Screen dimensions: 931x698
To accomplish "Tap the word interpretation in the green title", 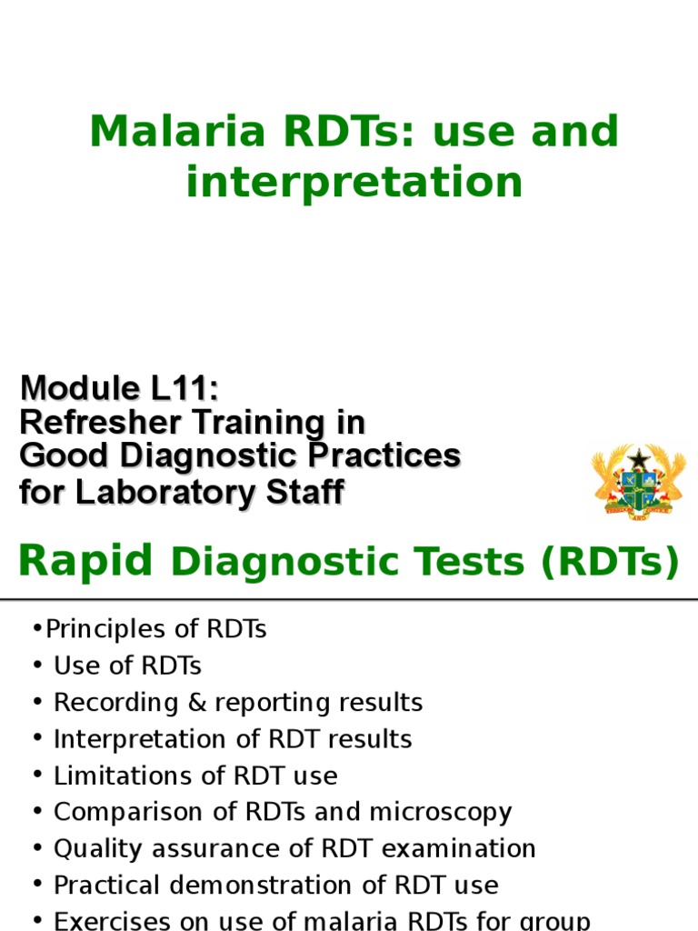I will (x=354, y=182).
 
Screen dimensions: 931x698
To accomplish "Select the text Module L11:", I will (x=119, y=389).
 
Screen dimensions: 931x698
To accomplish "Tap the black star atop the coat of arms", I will (x=639, y=459).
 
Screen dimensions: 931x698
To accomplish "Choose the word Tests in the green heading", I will (x=472, y=563).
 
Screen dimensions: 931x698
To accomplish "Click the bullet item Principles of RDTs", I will (x=155, y=629).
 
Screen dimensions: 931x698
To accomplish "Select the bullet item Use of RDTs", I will (x=127, y=666).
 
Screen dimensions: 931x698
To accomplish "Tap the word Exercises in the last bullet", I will (x=105, y=920).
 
